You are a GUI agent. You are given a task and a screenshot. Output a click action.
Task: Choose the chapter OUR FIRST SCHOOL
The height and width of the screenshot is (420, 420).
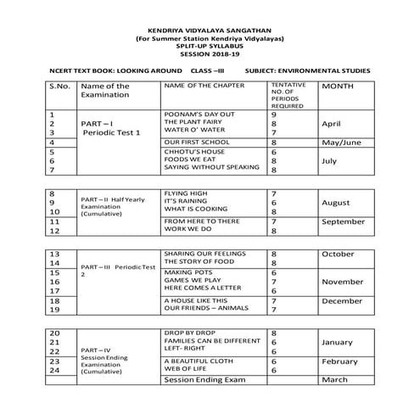196,143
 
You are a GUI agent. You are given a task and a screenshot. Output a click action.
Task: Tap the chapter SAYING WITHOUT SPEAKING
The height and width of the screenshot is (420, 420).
211,167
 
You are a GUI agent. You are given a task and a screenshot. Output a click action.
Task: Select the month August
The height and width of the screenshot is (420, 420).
337,203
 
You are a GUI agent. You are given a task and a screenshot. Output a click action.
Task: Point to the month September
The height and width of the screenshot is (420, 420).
345,221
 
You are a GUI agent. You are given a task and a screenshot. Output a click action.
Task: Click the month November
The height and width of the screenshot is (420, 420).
343,281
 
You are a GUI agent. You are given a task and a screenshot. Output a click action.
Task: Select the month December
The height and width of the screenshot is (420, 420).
343,300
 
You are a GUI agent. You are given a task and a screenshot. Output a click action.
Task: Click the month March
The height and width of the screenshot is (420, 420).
335,380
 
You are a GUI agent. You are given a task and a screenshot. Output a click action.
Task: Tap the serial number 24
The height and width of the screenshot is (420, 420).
56,370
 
